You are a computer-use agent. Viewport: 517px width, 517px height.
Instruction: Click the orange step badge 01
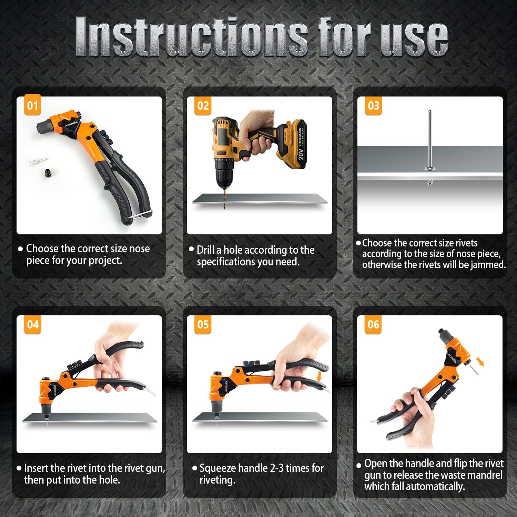click(32, 105)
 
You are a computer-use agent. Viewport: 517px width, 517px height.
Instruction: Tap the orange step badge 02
click(203, 105)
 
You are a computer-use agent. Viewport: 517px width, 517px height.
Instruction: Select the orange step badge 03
click(373, 105)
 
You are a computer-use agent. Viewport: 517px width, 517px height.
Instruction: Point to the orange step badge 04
click(32, 324)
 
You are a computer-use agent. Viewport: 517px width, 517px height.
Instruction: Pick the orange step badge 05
click(203, 324)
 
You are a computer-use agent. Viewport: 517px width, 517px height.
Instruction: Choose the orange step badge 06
click(373, 324)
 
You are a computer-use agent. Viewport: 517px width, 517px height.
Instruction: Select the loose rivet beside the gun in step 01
click(39, 161)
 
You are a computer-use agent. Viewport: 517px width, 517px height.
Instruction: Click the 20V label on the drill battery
click(301, 152)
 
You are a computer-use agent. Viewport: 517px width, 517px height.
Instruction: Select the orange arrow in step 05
click(319, 376)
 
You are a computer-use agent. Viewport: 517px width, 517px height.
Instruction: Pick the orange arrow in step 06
click(480, 362)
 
